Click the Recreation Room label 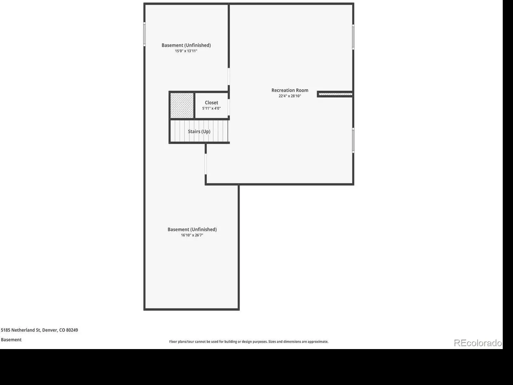coord(290,90)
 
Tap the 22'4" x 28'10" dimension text coord(290,96)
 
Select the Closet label coord(211,103)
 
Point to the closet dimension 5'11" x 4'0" coord(211,108)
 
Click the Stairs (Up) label coord(199,131)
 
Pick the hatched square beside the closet coord(182,106)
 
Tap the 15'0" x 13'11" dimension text coord(186,51)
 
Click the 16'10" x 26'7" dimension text coord(192,235)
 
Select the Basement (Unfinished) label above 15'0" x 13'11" coord(186,45)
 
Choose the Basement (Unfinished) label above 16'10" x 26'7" coord(192,229)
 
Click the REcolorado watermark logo coord(478,343)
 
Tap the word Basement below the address coord(11,340)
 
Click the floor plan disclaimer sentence coord(249,341)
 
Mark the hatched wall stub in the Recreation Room coord(335,94)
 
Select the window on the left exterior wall coord(144,34)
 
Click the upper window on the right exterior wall coord(353,37)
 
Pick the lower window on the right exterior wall coord(353,141)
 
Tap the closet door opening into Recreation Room coord(229,107)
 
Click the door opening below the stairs coord(206,164)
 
